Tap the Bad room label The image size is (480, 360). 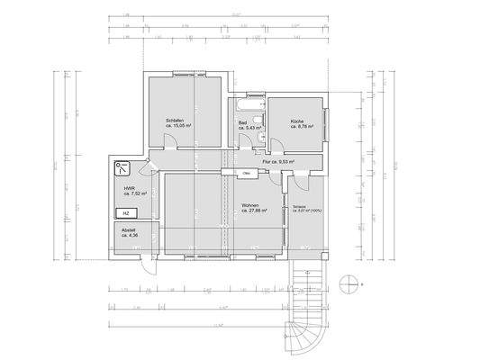pyautogui.click(x=242, y=122)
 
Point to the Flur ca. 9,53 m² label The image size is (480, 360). pyautogui.click(x=279, y=162)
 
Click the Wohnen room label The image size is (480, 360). pyautogui.click(x=250, y=205)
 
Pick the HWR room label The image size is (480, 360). pyautogui.click(x=130, y=188)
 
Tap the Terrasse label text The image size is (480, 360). pyautogui.click(x=299, y=206)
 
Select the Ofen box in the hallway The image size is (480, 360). pyautogui.click(x=246, y=173)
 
